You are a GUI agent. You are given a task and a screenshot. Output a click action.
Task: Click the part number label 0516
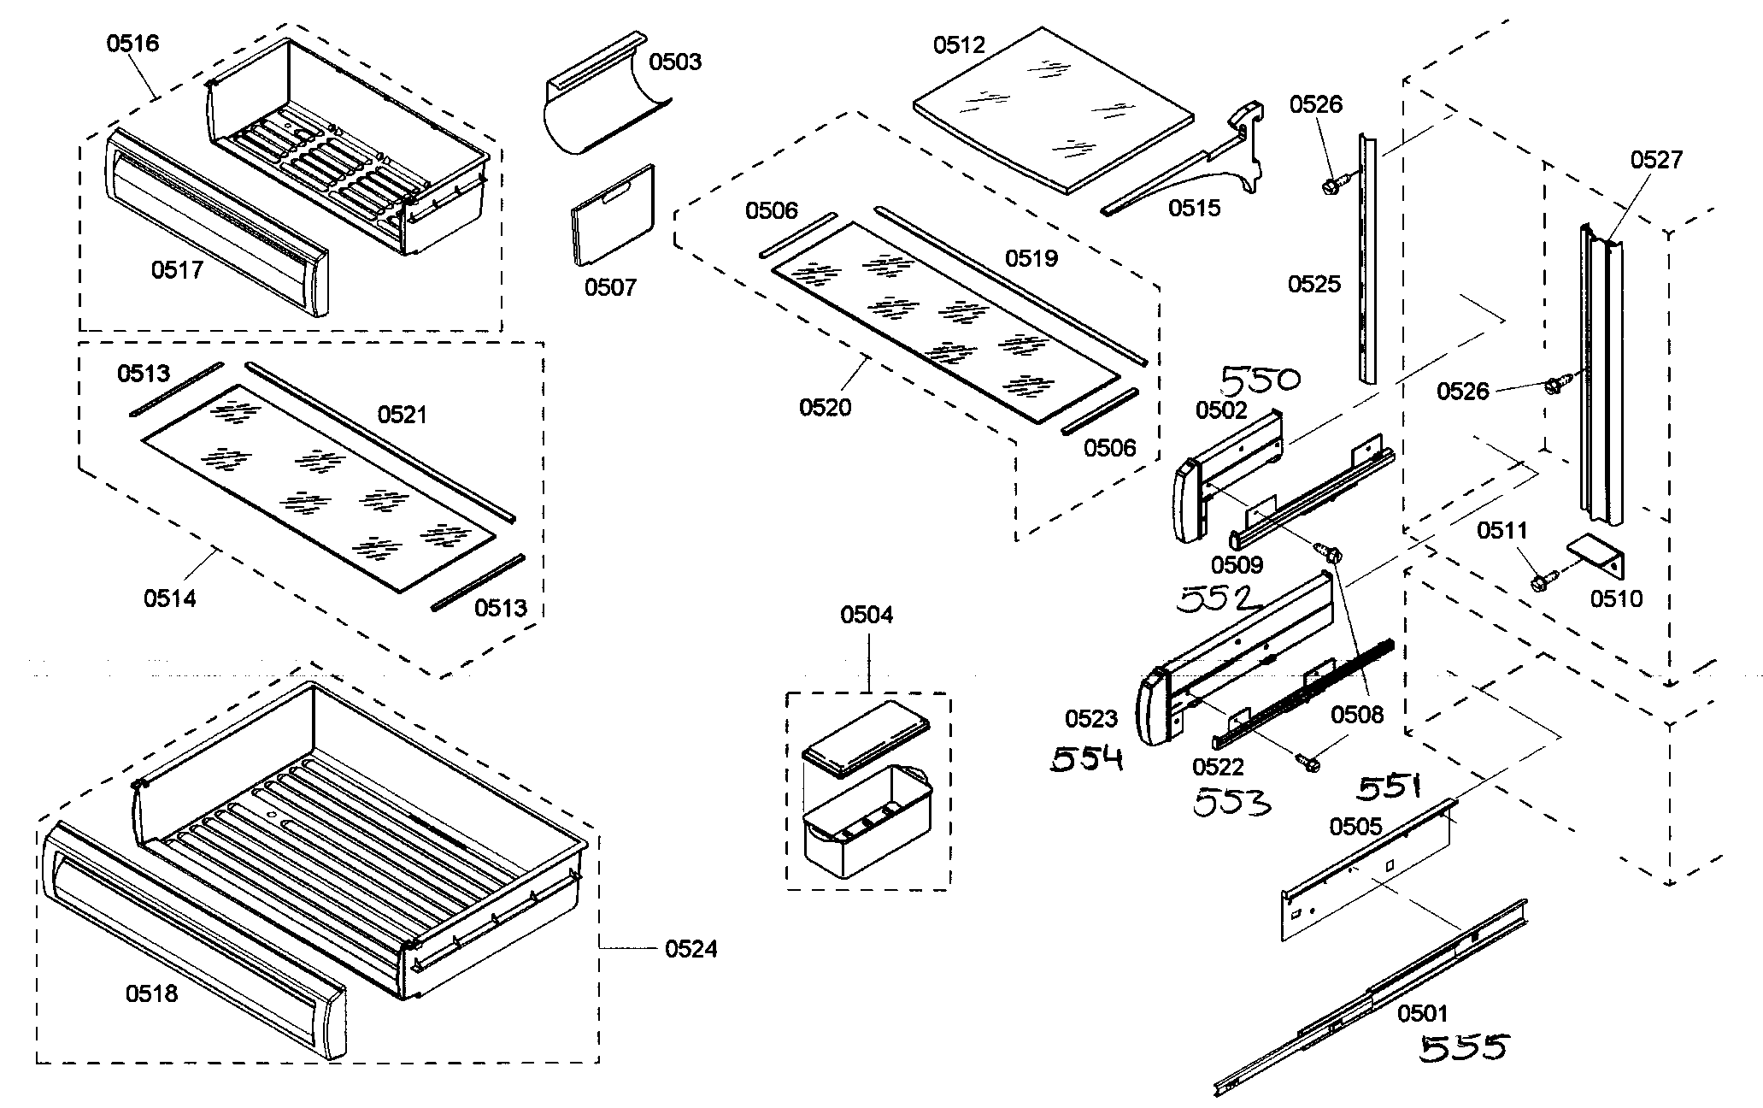(132, 43)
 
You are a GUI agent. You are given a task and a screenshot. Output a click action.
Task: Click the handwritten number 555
(1465, 1047)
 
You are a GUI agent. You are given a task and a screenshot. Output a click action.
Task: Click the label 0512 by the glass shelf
(959, 45)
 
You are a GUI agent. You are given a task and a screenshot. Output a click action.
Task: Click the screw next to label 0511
(1539, 583)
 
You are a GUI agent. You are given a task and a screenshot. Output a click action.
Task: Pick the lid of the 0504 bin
(866, 738)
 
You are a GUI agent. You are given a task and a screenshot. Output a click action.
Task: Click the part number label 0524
(691, 949)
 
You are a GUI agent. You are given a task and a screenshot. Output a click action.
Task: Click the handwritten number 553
(1231, 803)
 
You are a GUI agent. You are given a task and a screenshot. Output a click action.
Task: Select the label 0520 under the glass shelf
(825, 408)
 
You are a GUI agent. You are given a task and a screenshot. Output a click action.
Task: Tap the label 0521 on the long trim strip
(402, 415)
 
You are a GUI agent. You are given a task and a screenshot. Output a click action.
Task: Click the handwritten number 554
(1086, 758)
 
